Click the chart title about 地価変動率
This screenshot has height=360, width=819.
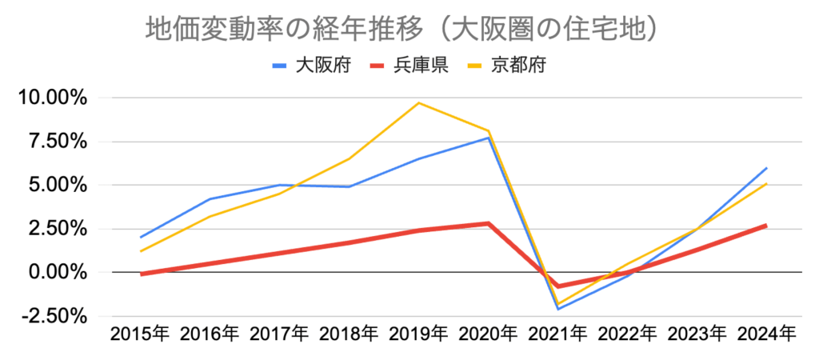point(402,30)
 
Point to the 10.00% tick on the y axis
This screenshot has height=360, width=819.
point(50,98)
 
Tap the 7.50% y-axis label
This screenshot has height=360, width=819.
point(55,142)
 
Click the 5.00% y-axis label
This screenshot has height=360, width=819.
point(55,186)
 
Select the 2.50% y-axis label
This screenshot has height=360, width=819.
point(55,229)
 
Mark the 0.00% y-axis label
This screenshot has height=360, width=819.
point(55,272)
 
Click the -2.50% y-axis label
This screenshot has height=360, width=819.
point(52,316)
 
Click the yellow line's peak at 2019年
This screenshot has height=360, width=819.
point(418,102)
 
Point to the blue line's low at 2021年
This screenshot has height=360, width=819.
point(557,309)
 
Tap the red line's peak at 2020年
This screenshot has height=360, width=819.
point(488,223)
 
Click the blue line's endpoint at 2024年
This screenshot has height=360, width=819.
point(766,168)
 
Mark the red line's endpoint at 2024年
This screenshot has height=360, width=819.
point(766,226)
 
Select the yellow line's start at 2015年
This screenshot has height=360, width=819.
point(140,251)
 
